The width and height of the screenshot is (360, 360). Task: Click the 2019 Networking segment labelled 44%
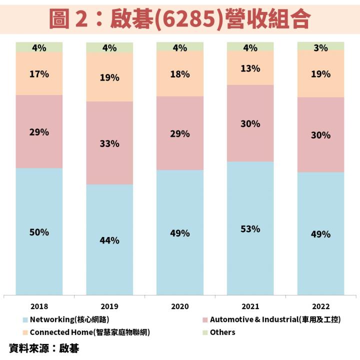[x=109, y=240]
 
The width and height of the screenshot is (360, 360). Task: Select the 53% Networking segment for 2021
[x=250, y=228]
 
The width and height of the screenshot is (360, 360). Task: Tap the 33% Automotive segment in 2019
[x=109, y=143]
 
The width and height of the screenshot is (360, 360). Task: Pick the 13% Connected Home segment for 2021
[x=250, y=68]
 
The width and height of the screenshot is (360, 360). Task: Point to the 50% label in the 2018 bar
[x=39, y=232]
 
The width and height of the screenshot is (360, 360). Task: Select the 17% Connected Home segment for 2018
[x=39, y=74]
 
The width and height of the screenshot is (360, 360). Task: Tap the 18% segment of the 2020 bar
[x=179, y=74]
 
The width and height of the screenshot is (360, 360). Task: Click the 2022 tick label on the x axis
[x=320, y=305]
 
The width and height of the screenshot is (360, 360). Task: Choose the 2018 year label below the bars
[x=39, y=305]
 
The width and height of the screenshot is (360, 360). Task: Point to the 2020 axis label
[x=179, y=305]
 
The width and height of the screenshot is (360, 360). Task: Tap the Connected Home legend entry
[x=89, y=332]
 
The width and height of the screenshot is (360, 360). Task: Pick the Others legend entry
[x=222, y=332]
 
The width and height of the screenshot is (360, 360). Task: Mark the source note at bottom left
[x=44, y=347]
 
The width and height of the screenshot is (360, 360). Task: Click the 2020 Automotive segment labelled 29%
[x=179, y=133]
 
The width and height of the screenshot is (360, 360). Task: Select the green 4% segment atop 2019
[x=109, y=47]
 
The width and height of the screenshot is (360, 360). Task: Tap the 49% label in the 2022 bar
[x=320, y=234]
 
